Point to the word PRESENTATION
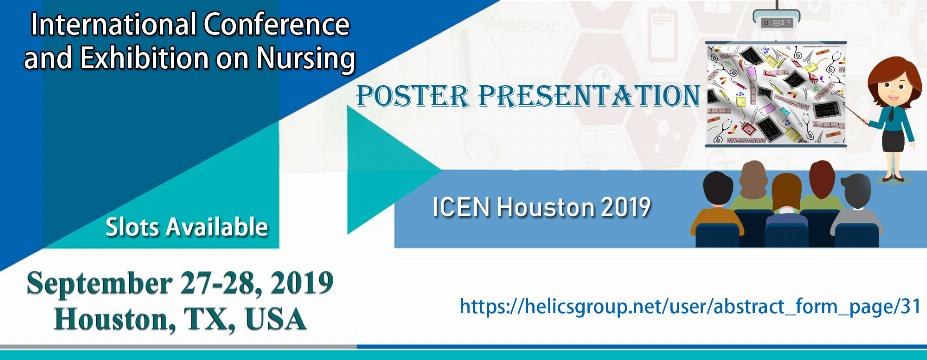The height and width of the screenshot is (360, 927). click(x=588, y=96)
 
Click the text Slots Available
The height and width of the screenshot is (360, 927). click(x=187, y=227)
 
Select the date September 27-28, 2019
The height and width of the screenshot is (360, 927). click(x=180, y=284)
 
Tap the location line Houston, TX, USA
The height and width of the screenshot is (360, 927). click(x=180, y=319)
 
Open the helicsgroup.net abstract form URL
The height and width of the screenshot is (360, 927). click(x=690, y=306)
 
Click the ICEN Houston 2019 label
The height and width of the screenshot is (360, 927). click(x=542, y=207)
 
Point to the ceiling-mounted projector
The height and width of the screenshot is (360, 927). click(x=776, y=19)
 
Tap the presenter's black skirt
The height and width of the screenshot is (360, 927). click(x=893, y=141)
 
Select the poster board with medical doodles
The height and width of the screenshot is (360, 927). click(x=776, y=94)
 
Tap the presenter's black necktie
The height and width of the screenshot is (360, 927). click(x=891, y=113)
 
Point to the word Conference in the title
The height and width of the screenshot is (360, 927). click(x=275, y=25)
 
